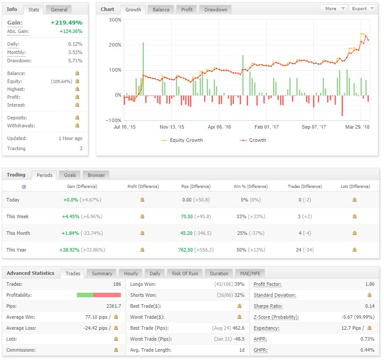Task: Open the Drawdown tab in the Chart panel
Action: coord(216,10)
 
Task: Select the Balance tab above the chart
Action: coord(161,10)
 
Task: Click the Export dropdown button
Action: coord(362,9)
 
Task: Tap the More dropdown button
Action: coord(334,9)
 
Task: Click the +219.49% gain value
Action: coord(66,22)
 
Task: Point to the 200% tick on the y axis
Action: coord(115,45)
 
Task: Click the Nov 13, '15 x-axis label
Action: coord(172,127)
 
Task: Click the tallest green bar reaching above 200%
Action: coord(143,69)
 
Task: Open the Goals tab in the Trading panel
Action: coord(70,175)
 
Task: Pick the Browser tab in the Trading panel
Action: coord(96,175)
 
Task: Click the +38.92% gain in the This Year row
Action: coord(69,250)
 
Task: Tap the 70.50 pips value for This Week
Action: coord(187,216)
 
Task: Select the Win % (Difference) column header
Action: coord(251,187)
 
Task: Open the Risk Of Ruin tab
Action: coord(185,274)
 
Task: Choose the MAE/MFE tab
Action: coord(250,274)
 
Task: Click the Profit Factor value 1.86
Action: coord(370,284)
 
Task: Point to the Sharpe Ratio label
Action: coord(268,306)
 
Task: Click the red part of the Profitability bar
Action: coord(107,295)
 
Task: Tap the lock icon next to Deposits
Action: coord(77,118)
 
